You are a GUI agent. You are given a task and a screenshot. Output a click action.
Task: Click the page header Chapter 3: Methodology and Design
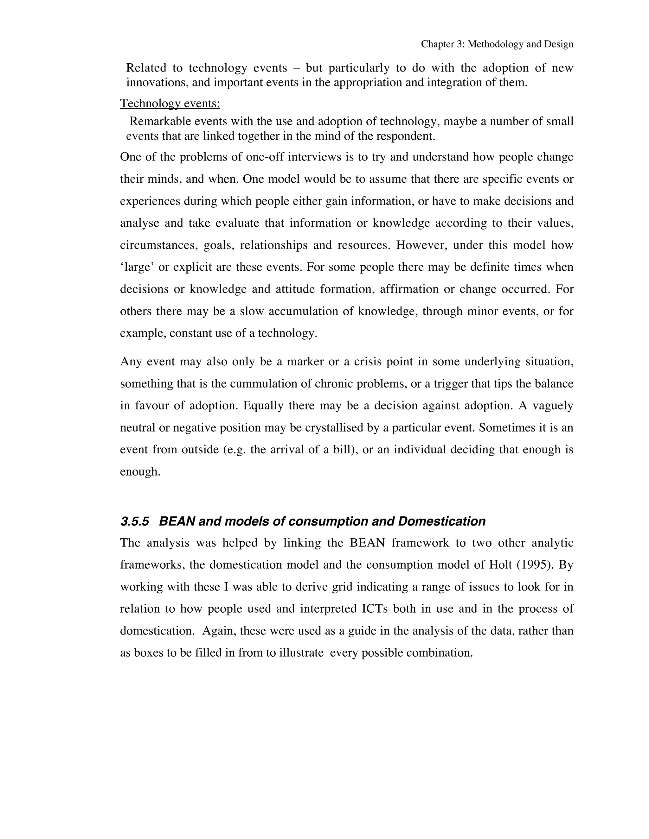[x=497, y=44]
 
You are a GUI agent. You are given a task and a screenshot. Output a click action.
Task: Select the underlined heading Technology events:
[x=170, y=103]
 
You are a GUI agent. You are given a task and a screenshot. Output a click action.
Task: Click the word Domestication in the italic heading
[x=441, y=521]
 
